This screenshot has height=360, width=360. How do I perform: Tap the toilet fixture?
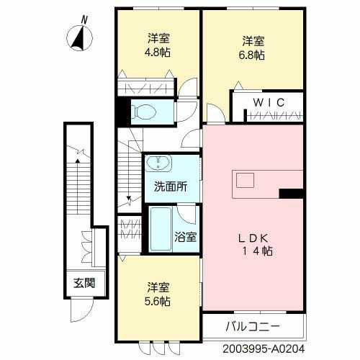(x=144, y=111)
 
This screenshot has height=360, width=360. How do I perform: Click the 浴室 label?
(x=186, y=237)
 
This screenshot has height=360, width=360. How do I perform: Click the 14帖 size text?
(x=257, y=251)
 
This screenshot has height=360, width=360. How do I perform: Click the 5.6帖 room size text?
(x=161, y=299)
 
